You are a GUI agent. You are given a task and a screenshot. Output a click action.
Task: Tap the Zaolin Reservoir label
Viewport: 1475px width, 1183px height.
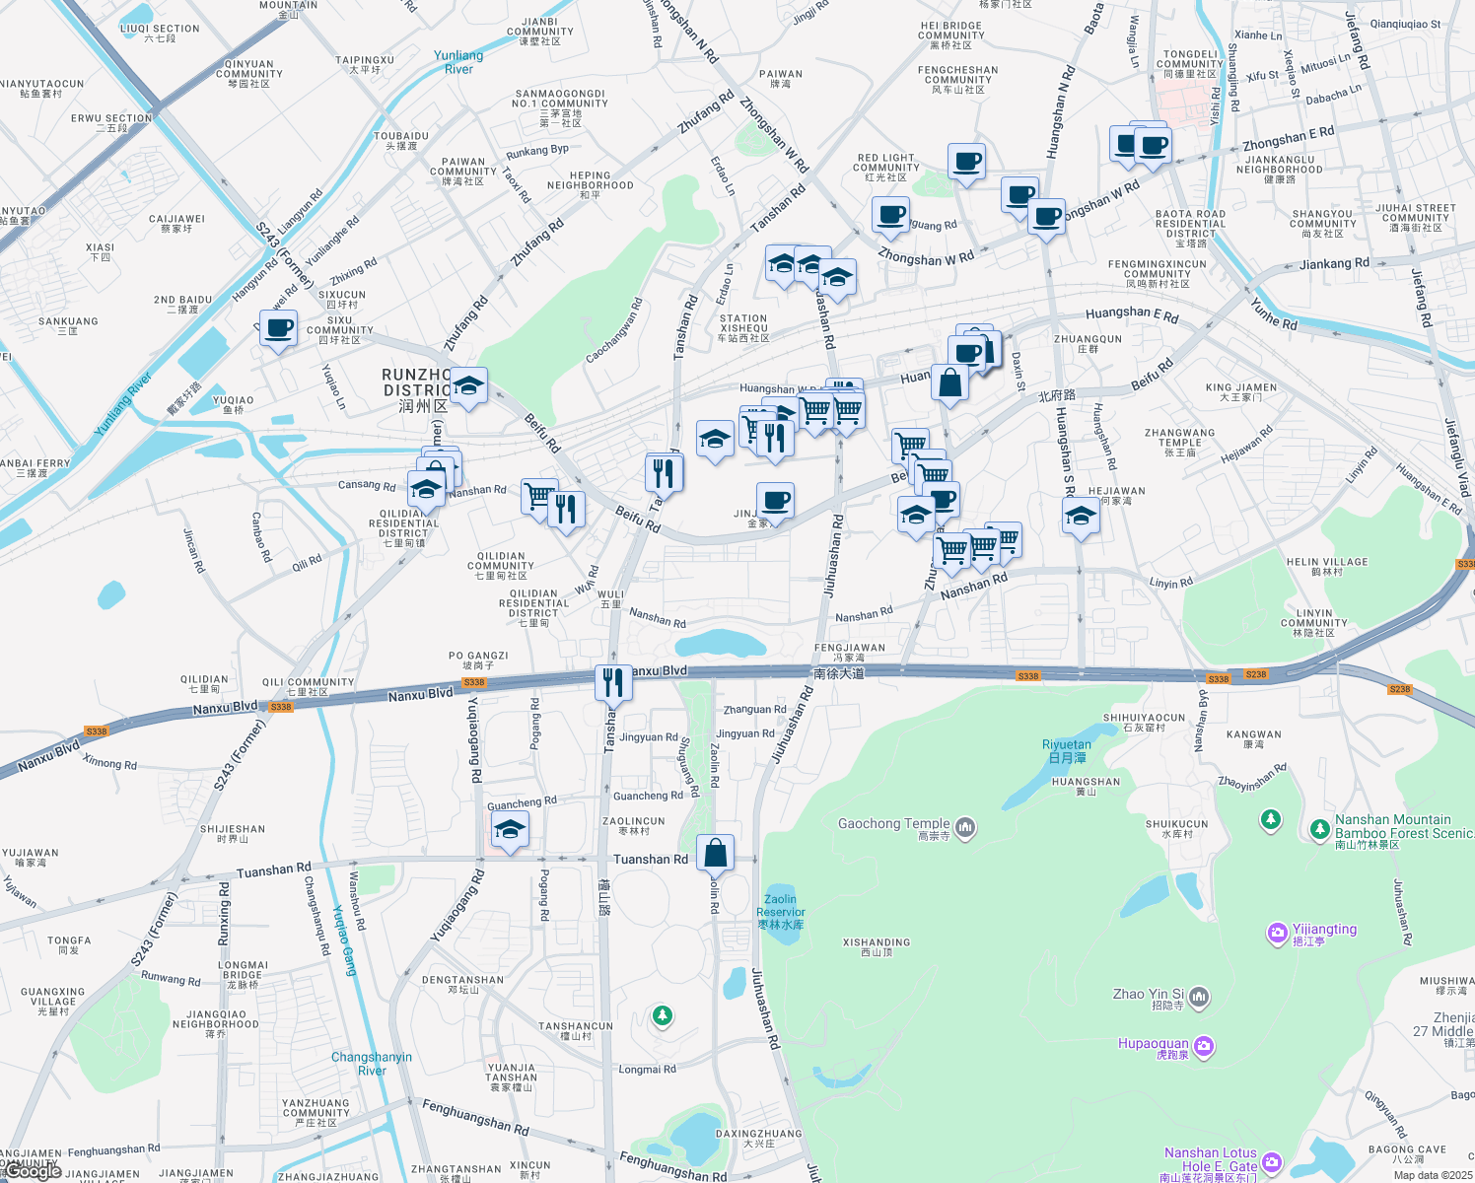click(781, 912)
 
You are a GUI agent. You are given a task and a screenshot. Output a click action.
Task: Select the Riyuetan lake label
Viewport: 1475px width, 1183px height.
click(1067, 751)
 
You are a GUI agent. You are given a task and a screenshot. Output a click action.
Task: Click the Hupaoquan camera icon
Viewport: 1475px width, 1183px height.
click(1204, 1045)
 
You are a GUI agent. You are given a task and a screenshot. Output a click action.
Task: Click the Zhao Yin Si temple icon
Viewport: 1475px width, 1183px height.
click(1199, 998)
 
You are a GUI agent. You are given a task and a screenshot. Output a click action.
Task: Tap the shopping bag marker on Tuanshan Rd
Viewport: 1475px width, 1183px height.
click(716, 852)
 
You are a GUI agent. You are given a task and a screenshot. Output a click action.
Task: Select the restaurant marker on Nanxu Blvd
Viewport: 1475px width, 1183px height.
click(613, 681)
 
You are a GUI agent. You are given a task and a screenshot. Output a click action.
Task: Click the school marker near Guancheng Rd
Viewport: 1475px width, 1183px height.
click(510, 829)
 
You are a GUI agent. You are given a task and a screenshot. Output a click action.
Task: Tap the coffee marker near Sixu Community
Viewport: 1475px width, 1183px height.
click(279, 328)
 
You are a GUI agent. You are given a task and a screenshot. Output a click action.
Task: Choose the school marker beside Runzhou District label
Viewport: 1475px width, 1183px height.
click(468, 385)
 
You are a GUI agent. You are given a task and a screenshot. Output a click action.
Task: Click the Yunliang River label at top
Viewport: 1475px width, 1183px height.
click(458, 62)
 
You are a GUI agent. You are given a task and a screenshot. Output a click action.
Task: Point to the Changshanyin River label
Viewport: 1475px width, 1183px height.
click(372, 1064)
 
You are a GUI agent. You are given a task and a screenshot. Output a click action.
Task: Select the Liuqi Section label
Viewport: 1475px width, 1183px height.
click(160, 34)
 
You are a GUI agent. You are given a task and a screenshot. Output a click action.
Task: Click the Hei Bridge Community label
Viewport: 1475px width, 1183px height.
click(950, 35)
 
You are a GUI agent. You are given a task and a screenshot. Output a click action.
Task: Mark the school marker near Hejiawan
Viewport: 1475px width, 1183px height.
click(1081, 516)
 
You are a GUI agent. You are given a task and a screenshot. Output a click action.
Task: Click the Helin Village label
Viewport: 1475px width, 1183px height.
click(1327, 566)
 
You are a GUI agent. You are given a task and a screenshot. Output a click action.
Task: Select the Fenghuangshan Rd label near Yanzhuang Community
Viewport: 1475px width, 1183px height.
click(475, 1117)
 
